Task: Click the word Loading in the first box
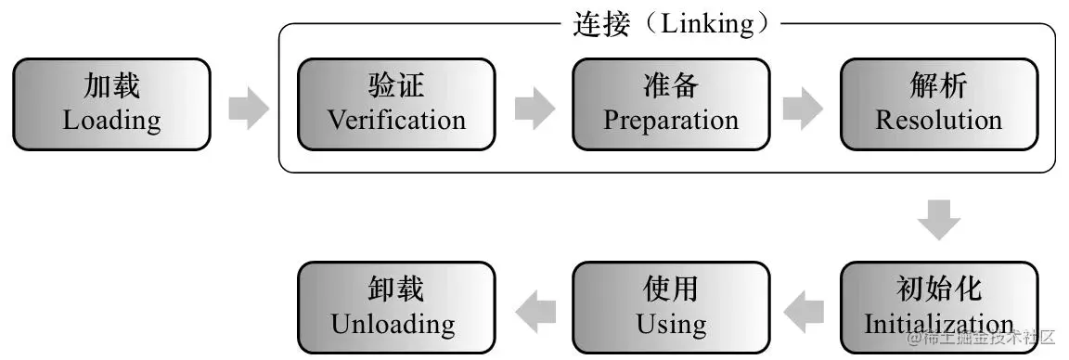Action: pyautogui.click(x=111, y=121)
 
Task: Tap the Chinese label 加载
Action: pyautogui.click(x=111, y=87)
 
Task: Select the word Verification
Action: pyautogui.click(x=396, y=121)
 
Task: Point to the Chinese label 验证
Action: pyautogui.click(x=396, y=87)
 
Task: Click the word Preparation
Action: pyautogui.click(x=671, y=121)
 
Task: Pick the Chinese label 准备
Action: pyautogui.click(x=671, y=87)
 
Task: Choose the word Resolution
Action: pyautogui.click(x=939, y=121)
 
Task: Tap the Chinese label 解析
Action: pyautogui.click(x=939, y=87)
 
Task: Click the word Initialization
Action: pyautogui.click(x=939, y=325)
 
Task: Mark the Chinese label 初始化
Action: pyautogui.click(x=939, y=289)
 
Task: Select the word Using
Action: pyautogui.click(x=671, y=325)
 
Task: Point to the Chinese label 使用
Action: pyautogui.click(x=671, y=289)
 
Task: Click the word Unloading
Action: pyautogui.click(x=393, y=325)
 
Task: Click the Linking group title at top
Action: pyautogui.click(x=671, y=23)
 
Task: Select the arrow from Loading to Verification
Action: pyautogui.click(x=248, y=108)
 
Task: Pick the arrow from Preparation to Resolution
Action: pyautogui.click(x=803, y=108)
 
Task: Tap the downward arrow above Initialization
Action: pyautogui.click(x=939, y=220)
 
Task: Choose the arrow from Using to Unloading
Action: pyautogui.click(x=534, y=310)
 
